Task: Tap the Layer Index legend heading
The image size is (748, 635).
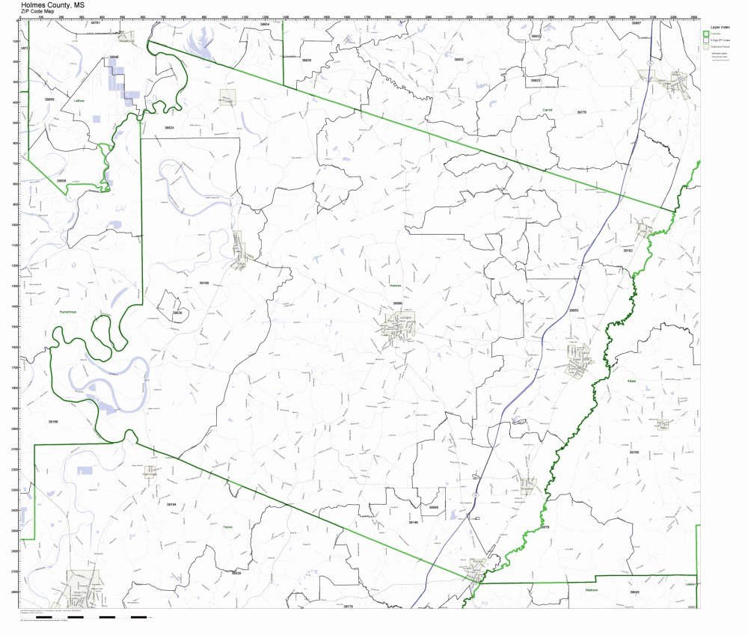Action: coord(719,26)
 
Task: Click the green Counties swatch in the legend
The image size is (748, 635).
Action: coord(706,34)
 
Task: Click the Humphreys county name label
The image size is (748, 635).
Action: coord(67,313)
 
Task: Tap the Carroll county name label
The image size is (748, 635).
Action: coord(547,109)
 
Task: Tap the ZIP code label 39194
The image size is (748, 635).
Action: coord(171,504)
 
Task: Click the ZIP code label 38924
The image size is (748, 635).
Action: coord(169,127)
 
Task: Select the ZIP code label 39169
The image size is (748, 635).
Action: coord(203,283)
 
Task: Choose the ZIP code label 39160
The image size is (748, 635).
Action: coord(53,422)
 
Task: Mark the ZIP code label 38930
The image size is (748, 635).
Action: coord(306,60)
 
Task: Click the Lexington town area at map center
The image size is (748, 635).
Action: coord(397,327)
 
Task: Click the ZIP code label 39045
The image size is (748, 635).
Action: coord(634,592)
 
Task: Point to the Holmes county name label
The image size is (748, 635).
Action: coord(395,285)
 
